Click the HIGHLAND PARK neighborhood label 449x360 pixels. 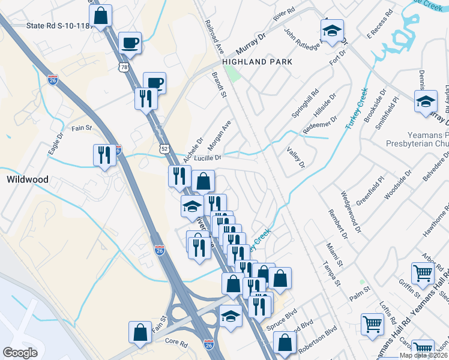coord(257,62)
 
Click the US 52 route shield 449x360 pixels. coord(165,148)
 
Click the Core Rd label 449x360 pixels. coord(176,341)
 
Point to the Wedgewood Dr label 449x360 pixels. coord(351,212)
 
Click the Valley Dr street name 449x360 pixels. coord(296,157)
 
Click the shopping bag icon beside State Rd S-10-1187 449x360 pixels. coord(101,15)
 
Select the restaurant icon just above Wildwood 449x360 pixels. coord(104,155)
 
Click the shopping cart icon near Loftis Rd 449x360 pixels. coord(373,324)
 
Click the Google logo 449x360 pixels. coord(20,352)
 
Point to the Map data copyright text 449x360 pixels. coord(426,355)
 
